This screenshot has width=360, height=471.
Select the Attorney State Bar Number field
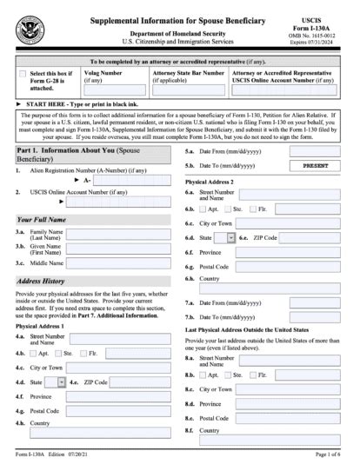click(x=188, y=90)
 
